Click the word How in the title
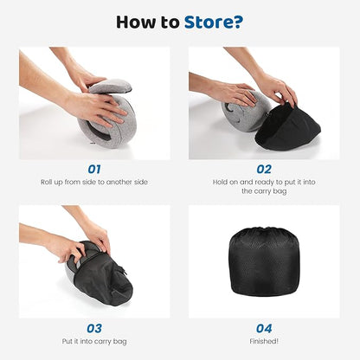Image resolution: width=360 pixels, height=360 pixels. [x=138, y=22]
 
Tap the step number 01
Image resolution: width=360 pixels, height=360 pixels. [x=94, y=170]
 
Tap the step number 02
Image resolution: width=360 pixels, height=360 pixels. [x=265, y=170]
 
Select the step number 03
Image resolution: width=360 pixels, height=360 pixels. [x=94, y=328]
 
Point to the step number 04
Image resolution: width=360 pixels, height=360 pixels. [x=265, y=328]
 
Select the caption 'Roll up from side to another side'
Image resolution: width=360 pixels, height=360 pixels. [x=94, y=183]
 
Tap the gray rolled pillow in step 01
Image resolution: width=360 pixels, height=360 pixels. [x=108, y=121]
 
